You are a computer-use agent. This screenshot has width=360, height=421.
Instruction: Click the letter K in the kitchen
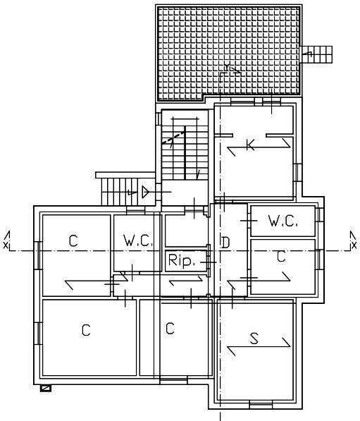tap(250, 145)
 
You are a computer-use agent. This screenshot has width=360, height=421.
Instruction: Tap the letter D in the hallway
tap(225, 243)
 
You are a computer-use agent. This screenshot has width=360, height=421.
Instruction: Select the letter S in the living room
tap(254, 338)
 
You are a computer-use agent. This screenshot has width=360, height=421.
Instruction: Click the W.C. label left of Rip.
tap(138, 240)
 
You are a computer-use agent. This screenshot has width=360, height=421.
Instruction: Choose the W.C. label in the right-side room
tap(283, 221)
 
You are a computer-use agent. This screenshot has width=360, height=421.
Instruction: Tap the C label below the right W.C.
tap(281, 257)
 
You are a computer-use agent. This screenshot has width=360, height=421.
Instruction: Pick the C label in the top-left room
tap(73, 240)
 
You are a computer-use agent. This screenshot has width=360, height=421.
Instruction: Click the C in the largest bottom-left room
tap(86, 330)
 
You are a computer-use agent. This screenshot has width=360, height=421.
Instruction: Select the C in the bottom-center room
tap(170, 328)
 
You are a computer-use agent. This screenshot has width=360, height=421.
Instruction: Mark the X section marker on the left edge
tap(6, 240)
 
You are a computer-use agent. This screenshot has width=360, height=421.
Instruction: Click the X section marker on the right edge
tap(354, 240)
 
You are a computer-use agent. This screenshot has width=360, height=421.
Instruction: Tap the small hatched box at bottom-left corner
tap(46, 389)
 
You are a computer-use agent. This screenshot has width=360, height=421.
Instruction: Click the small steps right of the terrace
tap(316, 54)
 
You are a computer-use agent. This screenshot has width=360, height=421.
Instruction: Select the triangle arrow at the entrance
tap(145, 192)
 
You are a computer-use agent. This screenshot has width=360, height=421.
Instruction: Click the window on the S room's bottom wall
tap(261, 404)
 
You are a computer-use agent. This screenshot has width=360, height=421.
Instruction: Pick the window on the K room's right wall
tap(298, 172)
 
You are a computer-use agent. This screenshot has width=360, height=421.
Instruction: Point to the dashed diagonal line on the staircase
tap(173, 138)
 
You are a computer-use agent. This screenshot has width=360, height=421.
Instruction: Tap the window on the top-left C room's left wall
tap(38, 255)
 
